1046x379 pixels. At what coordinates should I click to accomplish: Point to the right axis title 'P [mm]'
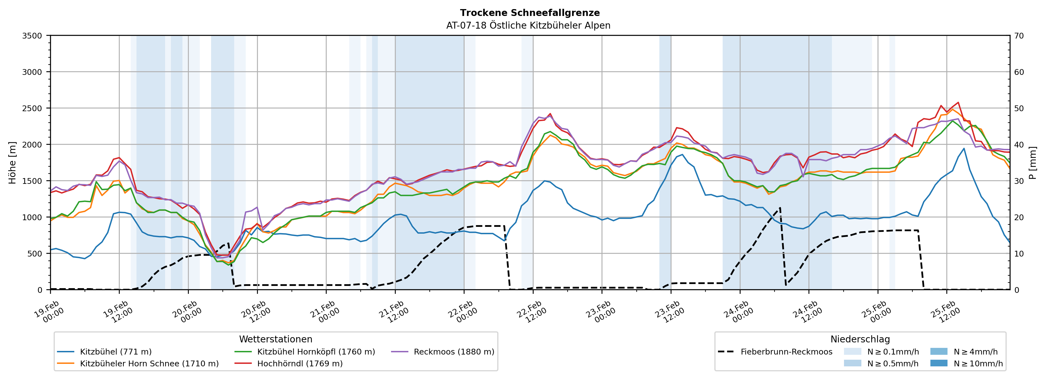1033,162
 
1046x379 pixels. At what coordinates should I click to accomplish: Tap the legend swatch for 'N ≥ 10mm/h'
938,363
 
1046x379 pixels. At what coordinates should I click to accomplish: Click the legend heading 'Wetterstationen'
276,339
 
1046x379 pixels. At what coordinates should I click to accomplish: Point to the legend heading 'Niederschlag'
860,339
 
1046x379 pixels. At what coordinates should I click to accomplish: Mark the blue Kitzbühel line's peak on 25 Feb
964,148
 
